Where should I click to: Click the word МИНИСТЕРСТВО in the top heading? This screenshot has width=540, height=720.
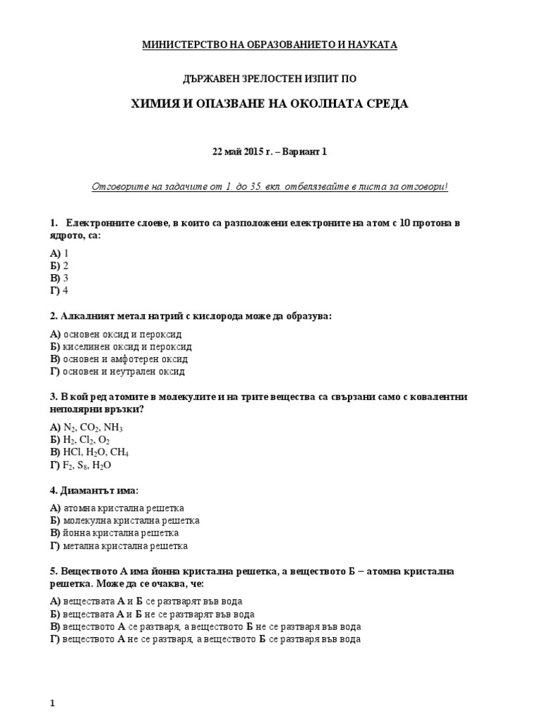pos(178,45)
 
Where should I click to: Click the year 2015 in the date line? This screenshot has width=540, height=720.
pos(248,152)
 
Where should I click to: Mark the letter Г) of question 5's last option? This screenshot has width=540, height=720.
pos(55,639)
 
